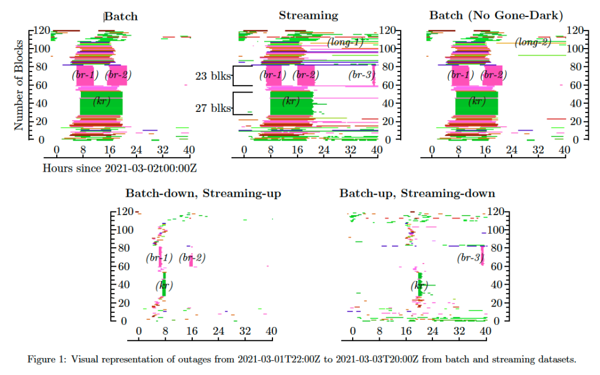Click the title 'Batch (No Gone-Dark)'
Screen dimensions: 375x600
[496, 15]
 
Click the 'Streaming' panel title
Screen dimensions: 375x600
[308, 15]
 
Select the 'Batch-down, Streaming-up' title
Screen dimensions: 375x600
[203, 193]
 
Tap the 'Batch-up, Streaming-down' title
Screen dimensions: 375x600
[417, 193]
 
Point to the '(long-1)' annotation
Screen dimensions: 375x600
[345, 42]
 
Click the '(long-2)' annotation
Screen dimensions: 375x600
[533, 42]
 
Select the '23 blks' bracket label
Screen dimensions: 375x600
[213, 76]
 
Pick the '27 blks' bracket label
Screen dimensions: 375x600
[213, 108]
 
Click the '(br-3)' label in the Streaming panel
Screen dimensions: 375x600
[360, 75]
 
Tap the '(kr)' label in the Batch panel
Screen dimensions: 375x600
[102, 101]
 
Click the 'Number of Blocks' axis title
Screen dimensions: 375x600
[19, 86]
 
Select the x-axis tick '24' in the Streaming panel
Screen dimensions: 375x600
[324, 150]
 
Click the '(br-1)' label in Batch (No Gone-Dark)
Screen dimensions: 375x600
[459, 75]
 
